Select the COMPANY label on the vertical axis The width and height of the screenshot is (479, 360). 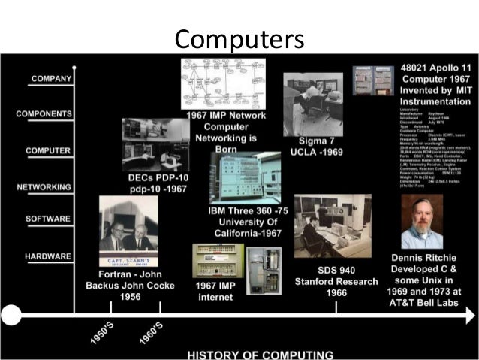50,78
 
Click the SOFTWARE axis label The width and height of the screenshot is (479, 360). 47,219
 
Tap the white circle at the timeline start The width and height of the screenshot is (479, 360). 11,314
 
